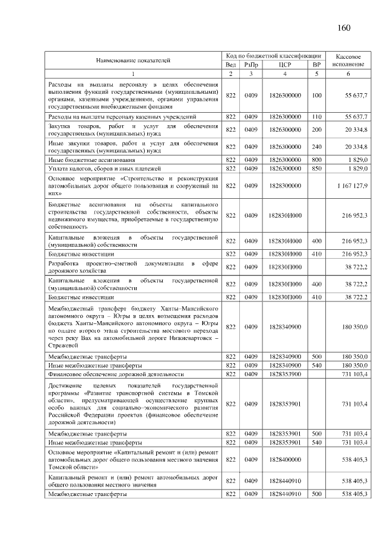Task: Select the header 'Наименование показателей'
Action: pyautogui.click(x=133, y=59)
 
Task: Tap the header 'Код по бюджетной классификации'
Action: pyautogui.click(x=274, y=55)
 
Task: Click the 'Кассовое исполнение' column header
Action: pyautogui.click(x=347, y=59)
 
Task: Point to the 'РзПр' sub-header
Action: pyautogui.click(x=251, y=64)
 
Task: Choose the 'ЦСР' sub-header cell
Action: pyautogui.click(x=285, y=64)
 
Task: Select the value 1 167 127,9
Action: pyautogui.click(x=351, y=186)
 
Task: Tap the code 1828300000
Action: pyautogui.click(x=285, y=186)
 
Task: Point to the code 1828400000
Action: pyautogui.click(x=285, y=459)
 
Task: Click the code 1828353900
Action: pyautogui.click(x=285, y=374)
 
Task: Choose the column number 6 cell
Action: pyautogui.click(x=347, y=74)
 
